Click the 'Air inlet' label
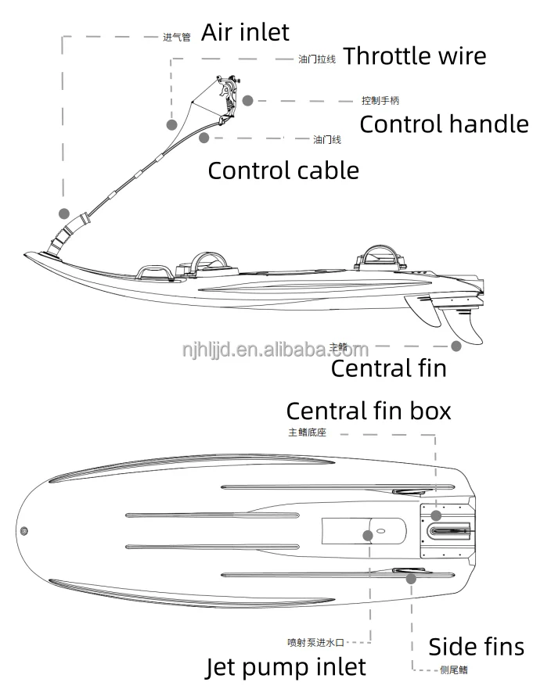(x=245, y=32)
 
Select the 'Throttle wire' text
(x=414, y=56)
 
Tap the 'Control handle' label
(x=443, y=124)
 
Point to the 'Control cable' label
(x=283, y=170)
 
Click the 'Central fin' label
(x=388, y=368)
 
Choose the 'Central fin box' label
(x=368, y=410)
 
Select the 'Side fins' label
(x=476, y=646)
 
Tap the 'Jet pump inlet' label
(x=286, y=666)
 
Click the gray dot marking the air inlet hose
(x=64, y=213)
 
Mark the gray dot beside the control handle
(x=247, y=100)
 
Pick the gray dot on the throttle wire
(x=171, y=124)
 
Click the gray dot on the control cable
(x=203, y=138)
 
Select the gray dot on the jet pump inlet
(x=368, y=535)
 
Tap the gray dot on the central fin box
(x=437, y=515)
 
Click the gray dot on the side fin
(x=411, y=579)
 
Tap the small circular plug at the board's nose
(x=24, y=532)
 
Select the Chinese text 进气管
(x=176, y=37)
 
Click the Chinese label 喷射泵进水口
(x=315, y=643)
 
